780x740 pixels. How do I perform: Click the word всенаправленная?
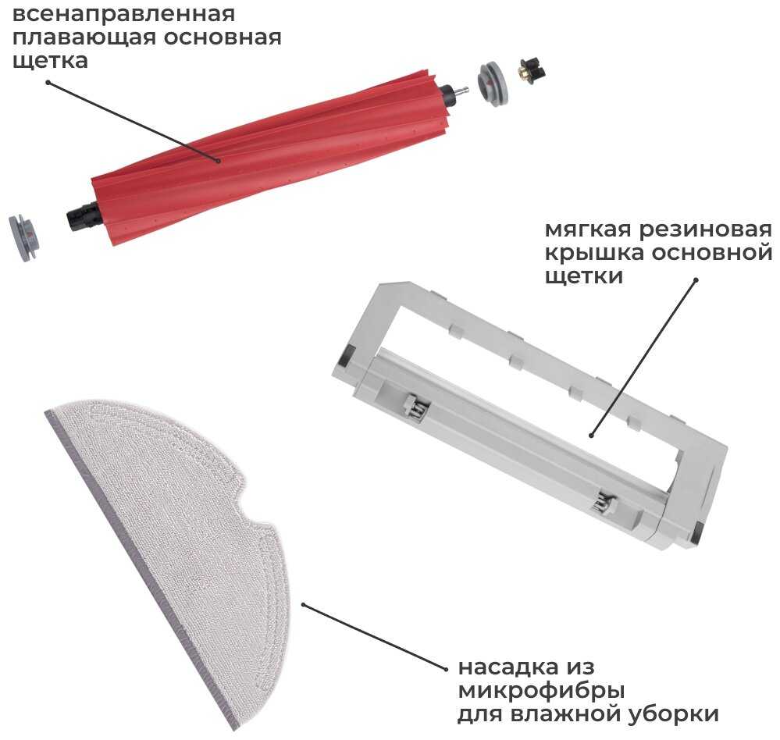pos(123,14)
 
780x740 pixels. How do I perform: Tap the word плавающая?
pos(84,37)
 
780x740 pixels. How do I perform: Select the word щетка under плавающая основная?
pos(50,61)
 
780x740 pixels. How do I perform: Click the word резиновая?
pos(705,230)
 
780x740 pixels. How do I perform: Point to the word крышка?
pos(594,253)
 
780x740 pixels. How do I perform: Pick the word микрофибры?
pos(541,692)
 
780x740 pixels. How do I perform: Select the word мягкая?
pos(588,230)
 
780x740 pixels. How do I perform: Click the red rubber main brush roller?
pos(272,157)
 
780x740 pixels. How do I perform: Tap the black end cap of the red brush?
pos(84,217)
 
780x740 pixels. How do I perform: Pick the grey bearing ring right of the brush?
pos(493,83)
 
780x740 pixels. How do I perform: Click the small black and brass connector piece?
pos(532,70)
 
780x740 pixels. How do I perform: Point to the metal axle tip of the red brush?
pos(461,92)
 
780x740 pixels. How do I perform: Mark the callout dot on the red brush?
pos(219,161)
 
